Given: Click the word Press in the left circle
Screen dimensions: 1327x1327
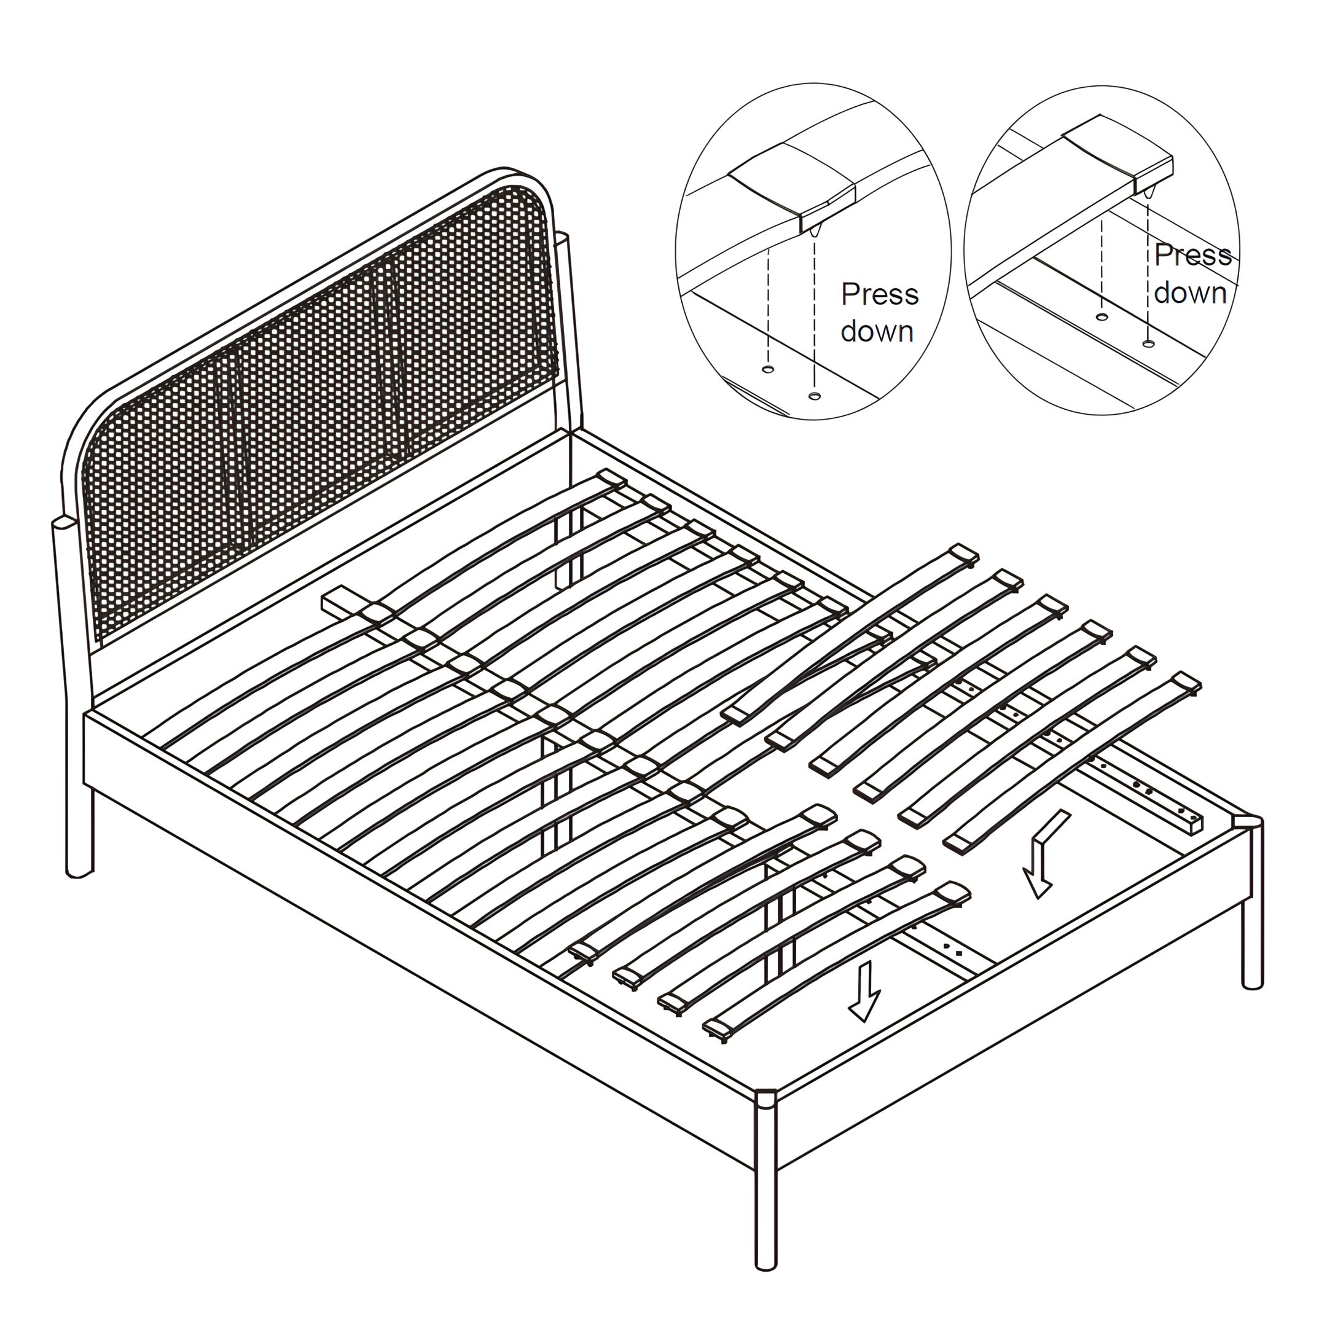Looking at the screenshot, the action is tap(880, 296).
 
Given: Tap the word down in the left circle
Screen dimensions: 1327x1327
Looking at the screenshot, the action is tap(877, 332).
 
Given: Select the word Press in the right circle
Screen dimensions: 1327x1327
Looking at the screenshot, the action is tap(1193, 256).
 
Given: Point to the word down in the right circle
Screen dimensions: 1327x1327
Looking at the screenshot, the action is tap(1191, 292).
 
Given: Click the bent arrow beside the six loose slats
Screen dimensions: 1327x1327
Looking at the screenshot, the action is tap(1043, 854).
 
